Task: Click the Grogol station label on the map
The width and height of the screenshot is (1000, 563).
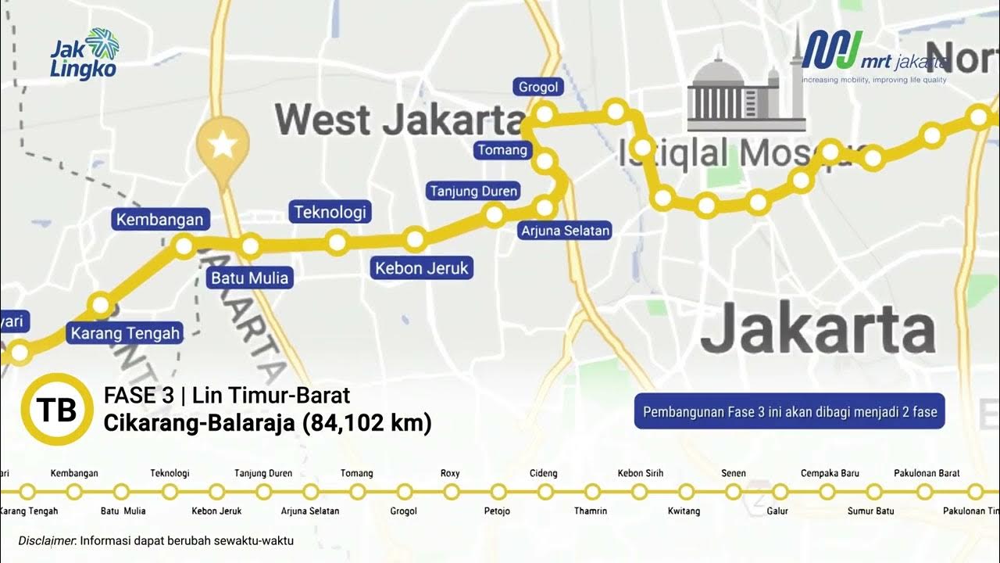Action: pos(538,87)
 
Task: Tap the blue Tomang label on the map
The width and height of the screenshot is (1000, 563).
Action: pos(502,149)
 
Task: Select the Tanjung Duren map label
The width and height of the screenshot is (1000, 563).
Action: pos(473,191)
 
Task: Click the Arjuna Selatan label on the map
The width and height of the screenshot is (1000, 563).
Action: pos(565,231)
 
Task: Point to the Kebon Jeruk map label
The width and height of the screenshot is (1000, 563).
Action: pos(422,268)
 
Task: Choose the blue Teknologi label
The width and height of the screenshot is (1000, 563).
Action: pos(330,212)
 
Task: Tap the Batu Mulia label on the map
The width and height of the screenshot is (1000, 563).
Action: pos(250,278)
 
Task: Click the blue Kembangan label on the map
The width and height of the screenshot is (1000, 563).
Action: pos(159,220)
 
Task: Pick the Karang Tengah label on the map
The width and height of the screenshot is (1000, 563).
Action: pos(125,333)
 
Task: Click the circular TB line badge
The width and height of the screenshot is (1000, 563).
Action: pos(56,410)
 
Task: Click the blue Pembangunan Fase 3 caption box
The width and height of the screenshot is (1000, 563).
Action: pos(789,411)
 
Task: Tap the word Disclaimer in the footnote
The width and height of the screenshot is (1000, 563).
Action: pos(47,540)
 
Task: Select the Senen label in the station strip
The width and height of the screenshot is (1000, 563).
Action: pos(734,473)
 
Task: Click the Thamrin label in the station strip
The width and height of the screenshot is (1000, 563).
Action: pos(591,511)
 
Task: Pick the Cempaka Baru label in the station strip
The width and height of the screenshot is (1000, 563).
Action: pos(830,473)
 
